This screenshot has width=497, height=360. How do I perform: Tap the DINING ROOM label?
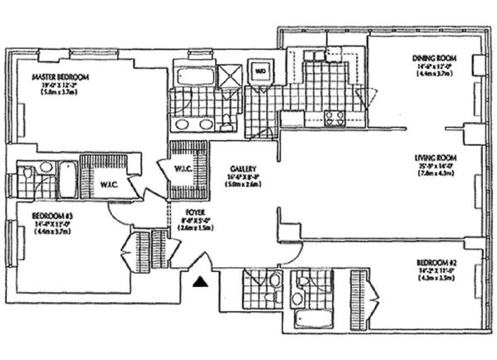point(431,58)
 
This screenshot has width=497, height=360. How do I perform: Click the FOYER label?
point(192,212)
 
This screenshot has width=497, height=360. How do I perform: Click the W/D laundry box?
point(260,71)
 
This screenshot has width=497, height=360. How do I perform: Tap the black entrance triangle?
point(199,283)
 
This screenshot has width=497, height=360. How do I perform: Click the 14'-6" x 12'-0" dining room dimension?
point(431,66)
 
